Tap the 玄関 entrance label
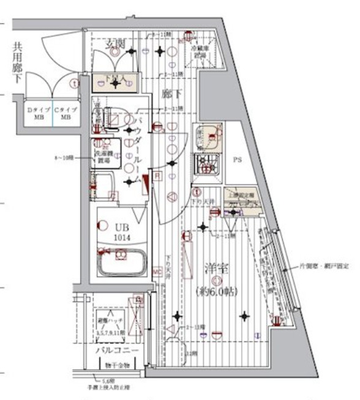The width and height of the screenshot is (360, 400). coord(116,43)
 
